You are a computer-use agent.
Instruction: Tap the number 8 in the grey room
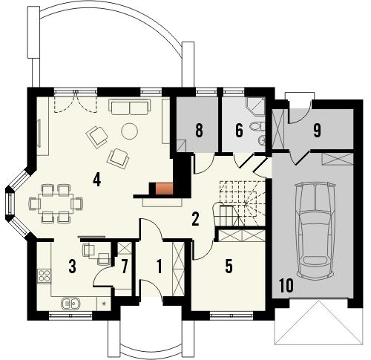coord(199,130)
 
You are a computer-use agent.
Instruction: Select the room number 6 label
coord(239,130)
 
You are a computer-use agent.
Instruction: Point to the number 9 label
coord(317,131)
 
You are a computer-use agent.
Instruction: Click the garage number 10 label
coord(286,284)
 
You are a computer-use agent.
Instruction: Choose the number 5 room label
coord(229,266)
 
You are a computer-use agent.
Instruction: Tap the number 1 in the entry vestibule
coord(160,266)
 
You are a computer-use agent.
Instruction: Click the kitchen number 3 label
coord(72,266)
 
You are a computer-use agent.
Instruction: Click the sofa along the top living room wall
coord(129,108)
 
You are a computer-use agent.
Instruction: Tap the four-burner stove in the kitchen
coord(44,276)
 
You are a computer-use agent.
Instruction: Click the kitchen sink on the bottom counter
coord(70,303)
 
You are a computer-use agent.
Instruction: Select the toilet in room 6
coord(255,134)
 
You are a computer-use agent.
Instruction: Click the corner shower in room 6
coord(256,108)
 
